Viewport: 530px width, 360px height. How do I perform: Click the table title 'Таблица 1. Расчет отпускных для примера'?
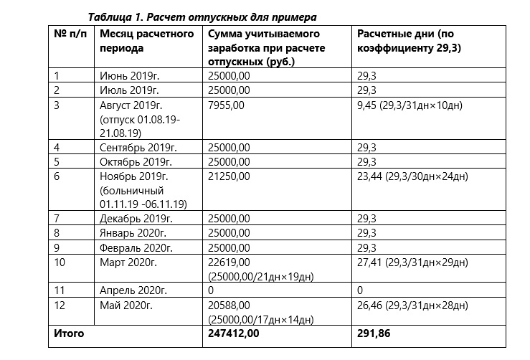pyautogui.click(x=202, y=16)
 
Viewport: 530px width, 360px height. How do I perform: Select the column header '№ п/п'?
pyautogui.click(x=70, y=34)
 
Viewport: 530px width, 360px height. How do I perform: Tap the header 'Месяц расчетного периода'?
pyautogui.click(x=148, y=41)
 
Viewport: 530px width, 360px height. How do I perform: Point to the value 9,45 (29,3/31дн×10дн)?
pyautogui.click(x=410, y=105)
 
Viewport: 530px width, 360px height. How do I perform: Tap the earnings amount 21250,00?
pyautogui.click(x=229, y=176)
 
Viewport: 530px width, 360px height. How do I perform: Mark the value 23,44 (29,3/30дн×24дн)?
pyautogui.click(x=413, y=176)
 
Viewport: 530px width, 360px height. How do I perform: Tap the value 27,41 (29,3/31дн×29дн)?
pyautogui.click(x=413, y=262)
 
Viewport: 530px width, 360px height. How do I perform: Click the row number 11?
pyautogui.click(x=60, y=291)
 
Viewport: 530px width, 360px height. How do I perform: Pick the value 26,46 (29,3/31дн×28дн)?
pyautogui.click(x=413, y=305)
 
